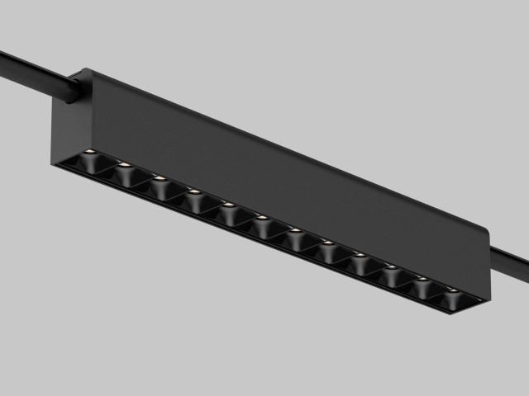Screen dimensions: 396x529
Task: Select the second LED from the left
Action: click(x=124, y=165)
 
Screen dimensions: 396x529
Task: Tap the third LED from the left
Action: click(x=160, y=178)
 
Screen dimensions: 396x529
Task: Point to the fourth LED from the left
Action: click(x=194, y=191)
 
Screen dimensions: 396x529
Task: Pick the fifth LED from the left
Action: click(x=227, y=205)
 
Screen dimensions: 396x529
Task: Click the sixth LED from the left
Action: click(x=261, y=218)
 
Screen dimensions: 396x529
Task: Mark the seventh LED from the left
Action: click(x=294, y=230)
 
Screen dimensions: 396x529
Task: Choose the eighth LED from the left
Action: click(x=327, y=243)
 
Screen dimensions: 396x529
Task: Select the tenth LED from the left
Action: click(x=391, y=266)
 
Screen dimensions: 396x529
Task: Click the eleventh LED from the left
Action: click(x=422, y=279)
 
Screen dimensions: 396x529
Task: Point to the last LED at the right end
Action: click(x=453, y=290)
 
